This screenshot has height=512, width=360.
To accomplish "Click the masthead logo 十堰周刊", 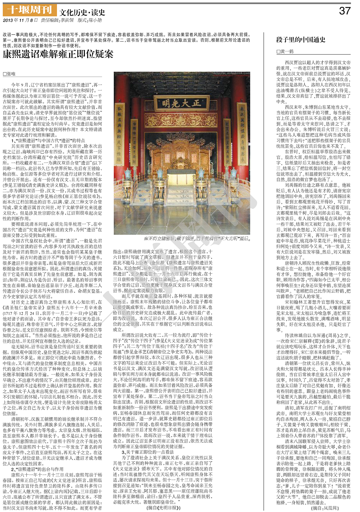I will tap(29, 10).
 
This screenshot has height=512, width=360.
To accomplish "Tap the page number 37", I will tap(344, 11).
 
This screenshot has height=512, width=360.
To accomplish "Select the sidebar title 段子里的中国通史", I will tap(301, 40).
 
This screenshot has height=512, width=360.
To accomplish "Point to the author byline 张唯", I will tap(9, 74).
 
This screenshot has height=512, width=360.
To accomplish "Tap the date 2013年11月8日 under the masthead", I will tap(20, 20).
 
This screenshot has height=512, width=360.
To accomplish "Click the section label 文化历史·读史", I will tap(82, 12).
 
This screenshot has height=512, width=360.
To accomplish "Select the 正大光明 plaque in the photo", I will tap(181, 104).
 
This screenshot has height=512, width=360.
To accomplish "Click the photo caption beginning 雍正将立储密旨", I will tap(197, 239).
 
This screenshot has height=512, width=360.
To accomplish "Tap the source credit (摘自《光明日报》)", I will tap(163, 508).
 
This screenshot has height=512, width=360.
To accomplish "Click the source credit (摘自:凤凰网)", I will tap(325, 508).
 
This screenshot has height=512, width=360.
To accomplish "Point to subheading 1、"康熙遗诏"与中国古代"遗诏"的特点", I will tap(48, 141).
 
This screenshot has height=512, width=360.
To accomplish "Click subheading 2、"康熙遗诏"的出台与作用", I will tap(37, 469).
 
